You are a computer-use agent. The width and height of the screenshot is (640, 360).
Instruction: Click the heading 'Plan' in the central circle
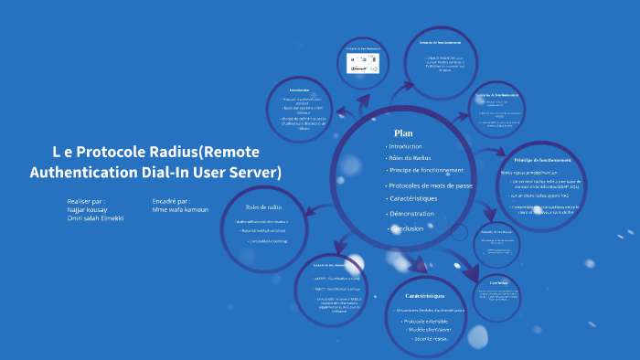click(403, 133)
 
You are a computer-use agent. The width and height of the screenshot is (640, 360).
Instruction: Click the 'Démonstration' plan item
click(411, 214)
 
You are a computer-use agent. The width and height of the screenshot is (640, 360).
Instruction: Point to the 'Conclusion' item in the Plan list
click(407, 228)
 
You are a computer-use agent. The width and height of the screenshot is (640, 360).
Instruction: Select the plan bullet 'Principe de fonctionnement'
click(427, 170)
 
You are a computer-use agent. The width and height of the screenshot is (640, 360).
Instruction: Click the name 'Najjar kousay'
click(88, 209)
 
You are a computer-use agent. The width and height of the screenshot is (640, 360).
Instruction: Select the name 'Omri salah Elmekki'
click(97, 218)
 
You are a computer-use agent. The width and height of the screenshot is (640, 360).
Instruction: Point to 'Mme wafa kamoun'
click(180, 209)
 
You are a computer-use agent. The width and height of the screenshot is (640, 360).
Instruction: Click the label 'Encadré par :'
click(172, 200)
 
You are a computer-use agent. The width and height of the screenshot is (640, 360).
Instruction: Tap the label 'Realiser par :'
click(86, 200)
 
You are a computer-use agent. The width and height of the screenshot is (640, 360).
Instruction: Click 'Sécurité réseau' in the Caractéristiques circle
click(430, 339)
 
